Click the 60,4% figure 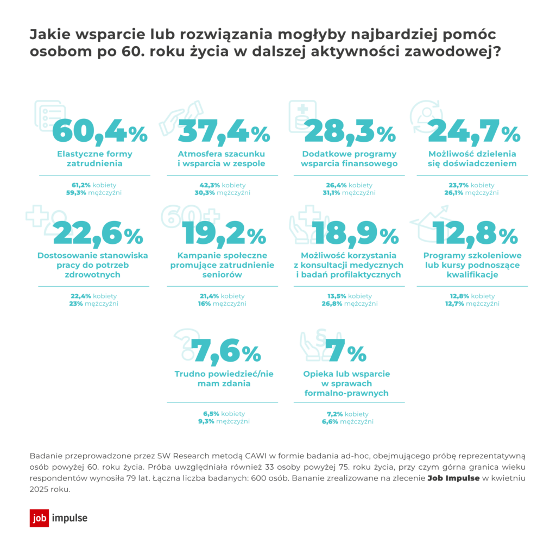pos(100,129)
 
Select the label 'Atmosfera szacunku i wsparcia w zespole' pos(222,158)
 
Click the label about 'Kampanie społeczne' pos(223,264)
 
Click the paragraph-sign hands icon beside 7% pos(315,345)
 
